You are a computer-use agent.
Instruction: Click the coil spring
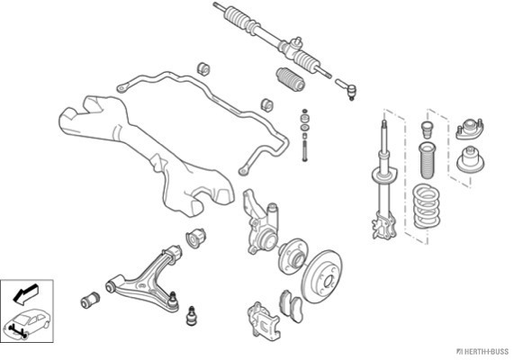click(x=426, y=207)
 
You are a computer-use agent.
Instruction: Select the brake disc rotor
click(x=322, y=276)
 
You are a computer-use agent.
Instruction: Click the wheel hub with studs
click(x=293, y=256)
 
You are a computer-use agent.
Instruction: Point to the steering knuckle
click(x=261, y=223)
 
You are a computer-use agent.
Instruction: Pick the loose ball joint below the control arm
click(x=191, y=316)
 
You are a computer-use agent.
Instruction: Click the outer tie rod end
click(x=347, y=88)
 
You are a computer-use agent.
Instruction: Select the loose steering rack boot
click(x=291, y=79)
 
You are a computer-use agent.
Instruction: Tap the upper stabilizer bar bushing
click(x=203, y=68)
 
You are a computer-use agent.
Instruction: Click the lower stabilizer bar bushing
click(x=267, y=104)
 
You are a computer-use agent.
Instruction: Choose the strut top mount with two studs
click(x=470, y=130)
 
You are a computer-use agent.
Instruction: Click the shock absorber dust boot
click(x=426, y=161)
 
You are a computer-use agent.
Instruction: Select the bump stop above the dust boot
click(x=427, y=130)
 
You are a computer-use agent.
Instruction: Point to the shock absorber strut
click(x=384, y=180)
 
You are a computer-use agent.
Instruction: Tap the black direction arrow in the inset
click(x=25, y=293)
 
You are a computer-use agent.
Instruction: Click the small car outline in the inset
click(x=26, y=323)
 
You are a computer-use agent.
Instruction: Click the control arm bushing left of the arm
click(x=90, y=300)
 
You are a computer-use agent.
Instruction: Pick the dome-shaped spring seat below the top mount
click(x=471, y=160)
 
